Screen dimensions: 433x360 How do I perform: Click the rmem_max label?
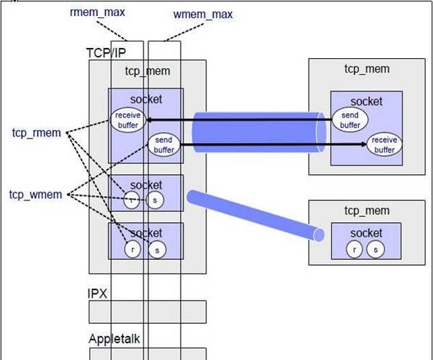[97, 12]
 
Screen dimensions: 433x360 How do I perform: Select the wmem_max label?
[203, 15]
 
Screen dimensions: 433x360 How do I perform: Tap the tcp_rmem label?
[36, 133]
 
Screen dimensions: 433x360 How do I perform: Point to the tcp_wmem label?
[36, 195]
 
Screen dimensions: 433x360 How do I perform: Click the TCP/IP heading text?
[106, 53]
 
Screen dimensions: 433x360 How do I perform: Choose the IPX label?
[97, 293]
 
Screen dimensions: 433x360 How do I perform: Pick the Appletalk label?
[114, 339]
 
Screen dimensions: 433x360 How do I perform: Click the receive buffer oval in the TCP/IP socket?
[128, 120]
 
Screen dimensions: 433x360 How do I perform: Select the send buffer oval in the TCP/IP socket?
[163, 145]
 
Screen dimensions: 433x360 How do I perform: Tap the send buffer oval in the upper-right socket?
[350, 120]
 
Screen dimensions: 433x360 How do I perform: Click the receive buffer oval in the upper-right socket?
[384, 144]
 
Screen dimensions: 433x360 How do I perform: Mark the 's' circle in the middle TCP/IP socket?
[155, 200]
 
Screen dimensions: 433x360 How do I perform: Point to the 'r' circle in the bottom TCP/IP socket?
[132, 250]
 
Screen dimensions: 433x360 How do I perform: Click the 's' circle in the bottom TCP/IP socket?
[157, 250]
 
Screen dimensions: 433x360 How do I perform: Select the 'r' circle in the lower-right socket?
[355, 249]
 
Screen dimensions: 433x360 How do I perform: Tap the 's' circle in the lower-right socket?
[376, 250]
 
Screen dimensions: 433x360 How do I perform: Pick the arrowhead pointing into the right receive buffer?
[364, 144]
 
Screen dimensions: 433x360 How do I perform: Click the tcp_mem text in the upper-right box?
[367, 69]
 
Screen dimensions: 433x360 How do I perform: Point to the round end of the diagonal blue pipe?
[319, 235]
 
